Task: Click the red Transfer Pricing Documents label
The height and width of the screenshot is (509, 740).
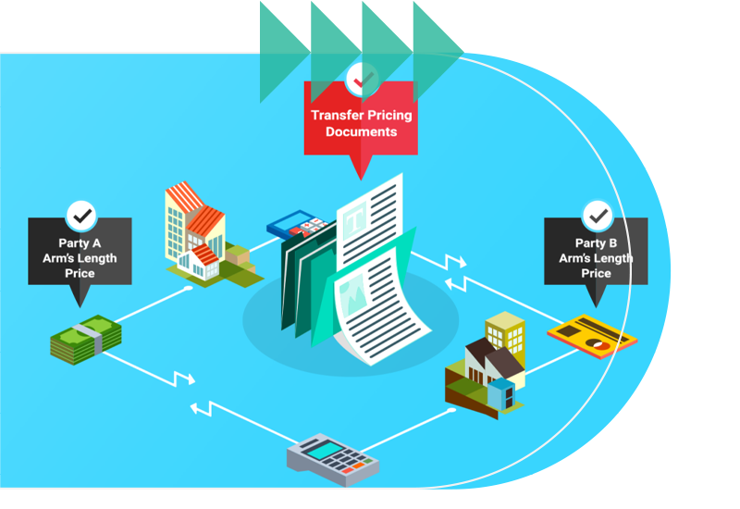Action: (361, 123)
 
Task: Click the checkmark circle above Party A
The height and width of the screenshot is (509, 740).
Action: (82, 216)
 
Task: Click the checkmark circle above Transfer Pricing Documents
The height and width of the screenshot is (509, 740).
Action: (361, 79)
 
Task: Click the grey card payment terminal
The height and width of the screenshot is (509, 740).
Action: (331, 456)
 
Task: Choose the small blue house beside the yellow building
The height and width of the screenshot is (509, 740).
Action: (501, 392)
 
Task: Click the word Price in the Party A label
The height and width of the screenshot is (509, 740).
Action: (80, 273)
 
